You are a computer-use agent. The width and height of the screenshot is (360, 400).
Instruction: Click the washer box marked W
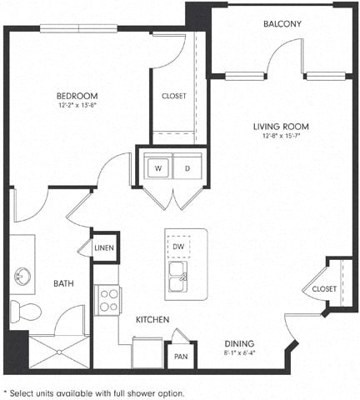point(157,167)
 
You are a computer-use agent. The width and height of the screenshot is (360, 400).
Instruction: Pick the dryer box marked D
point(187,167)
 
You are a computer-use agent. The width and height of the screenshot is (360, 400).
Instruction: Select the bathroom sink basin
point(21,276)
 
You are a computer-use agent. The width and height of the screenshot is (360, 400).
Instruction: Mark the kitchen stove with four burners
point(108,299)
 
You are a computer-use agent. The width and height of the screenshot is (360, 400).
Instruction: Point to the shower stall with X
point(59,352)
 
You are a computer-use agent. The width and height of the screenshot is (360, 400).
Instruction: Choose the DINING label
point(239,343)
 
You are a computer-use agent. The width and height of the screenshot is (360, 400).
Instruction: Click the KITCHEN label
point(152,319)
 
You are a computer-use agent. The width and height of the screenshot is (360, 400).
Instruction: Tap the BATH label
point(63,283)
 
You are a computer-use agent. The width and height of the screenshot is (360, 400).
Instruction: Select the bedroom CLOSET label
point(174,96)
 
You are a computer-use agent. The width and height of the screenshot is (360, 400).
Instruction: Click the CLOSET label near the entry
point(324,288)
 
